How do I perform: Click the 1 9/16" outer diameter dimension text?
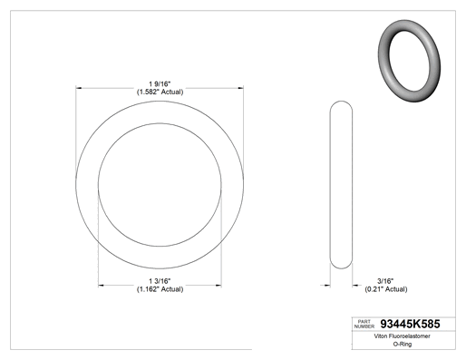pyautogui.click(x=160, y=83)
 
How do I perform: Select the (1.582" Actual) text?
pyautogui.click(x=160, y=92)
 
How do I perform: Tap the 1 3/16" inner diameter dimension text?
pyautogui.click(x=160, y=281)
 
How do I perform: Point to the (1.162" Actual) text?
pyautogui.click(x=160, y=289)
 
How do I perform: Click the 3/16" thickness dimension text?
pyautogui.click(x=385, y=281)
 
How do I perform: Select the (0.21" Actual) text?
pyautogui.click(x=386, y=289)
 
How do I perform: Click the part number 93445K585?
pyautogui.click(x=410, y=324)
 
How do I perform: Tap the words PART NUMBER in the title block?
pyautogui.click(x=364, y=324)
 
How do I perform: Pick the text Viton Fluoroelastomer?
pyautogui.click(x=402, y=336)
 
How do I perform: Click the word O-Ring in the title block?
pyautogui.click(x=403, y=344)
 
